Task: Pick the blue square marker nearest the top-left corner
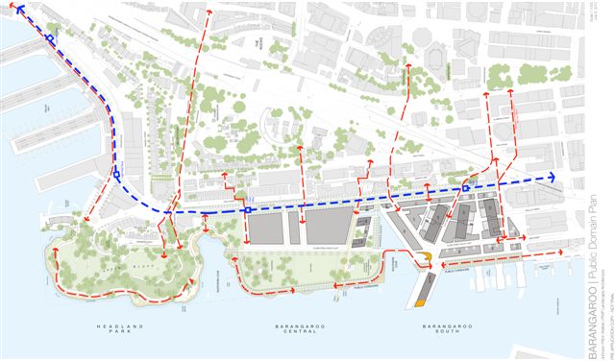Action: (48, 39)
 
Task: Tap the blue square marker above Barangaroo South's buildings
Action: (465, 189)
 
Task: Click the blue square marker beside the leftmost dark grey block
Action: (247, 209)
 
